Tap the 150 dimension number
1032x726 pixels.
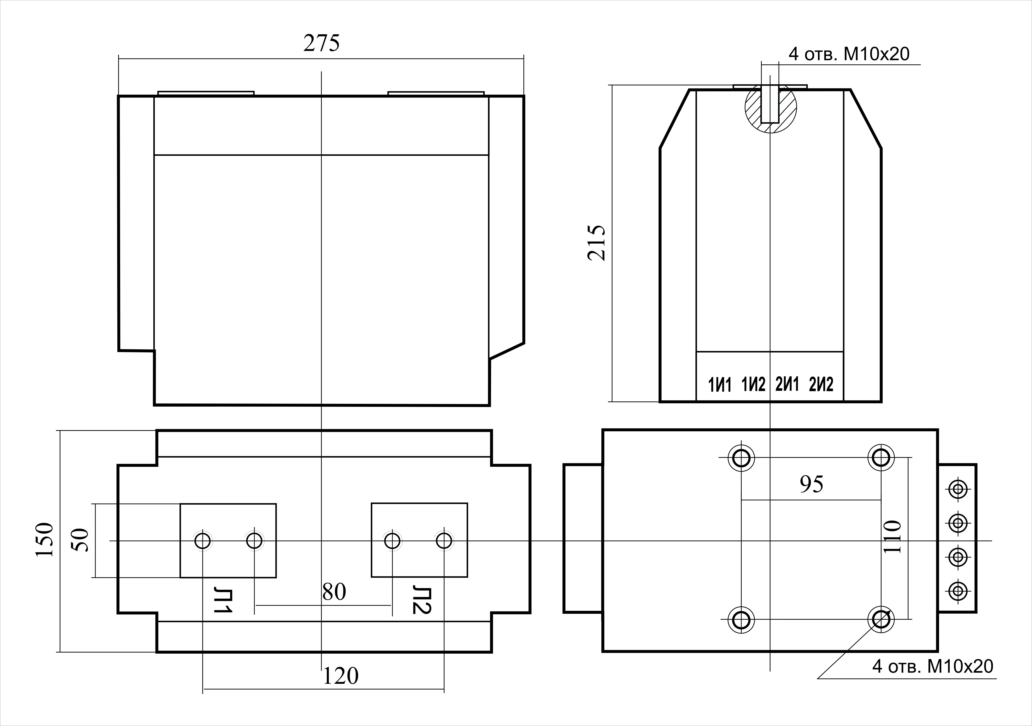pos(44,540)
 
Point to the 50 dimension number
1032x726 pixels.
pos(80,540)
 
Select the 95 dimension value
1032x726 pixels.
pos(812,484)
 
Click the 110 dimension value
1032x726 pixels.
pos(892,537)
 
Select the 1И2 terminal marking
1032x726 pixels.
pos(753,385)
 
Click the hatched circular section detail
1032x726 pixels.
pos(770,108)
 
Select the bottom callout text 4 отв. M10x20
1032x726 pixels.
pos(933,666)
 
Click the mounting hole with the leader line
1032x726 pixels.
pos(881,620)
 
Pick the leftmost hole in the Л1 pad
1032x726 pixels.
pos(203,540)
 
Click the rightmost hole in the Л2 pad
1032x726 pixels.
pos(444,540)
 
